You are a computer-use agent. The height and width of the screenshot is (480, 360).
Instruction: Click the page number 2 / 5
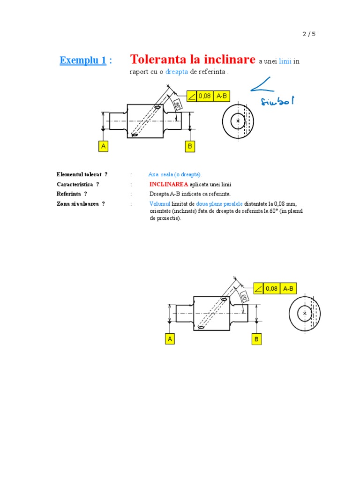309,34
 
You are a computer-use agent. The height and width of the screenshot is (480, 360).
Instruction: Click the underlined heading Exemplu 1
82,60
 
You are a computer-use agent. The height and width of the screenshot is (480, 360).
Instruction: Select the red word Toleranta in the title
158,60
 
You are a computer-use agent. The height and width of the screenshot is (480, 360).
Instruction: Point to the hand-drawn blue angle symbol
263,84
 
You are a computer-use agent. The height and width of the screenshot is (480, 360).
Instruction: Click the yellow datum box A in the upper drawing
103,146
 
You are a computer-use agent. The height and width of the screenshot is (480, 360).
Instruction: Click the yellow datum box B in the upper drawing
190,146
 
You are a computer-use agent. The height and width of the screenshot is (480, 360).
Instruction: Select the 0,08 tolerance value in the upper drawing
205,96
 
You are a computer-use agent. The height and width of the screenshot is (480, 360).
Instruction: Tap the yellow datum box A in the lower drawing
170,339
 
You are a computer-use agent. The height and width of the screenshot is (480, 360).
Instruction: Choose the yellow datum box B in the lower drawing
256,339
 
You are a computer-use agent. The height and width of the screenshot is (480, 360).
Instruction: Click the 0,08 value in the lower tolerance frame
272,289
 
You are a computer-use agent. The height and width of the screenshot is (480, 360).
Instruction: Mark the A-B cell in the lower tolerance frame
288,289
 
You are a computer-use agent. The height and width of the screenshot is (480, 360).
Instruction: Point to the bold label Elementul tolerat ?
82,174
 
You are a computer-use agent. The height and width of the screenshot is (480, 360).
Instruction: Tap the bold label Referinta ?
72,194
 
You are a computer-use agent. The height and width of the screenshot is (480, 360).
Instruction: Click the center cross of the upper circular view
238,121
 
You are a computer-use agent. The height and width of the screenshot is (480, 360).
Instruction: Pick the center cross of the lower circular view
305,313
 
